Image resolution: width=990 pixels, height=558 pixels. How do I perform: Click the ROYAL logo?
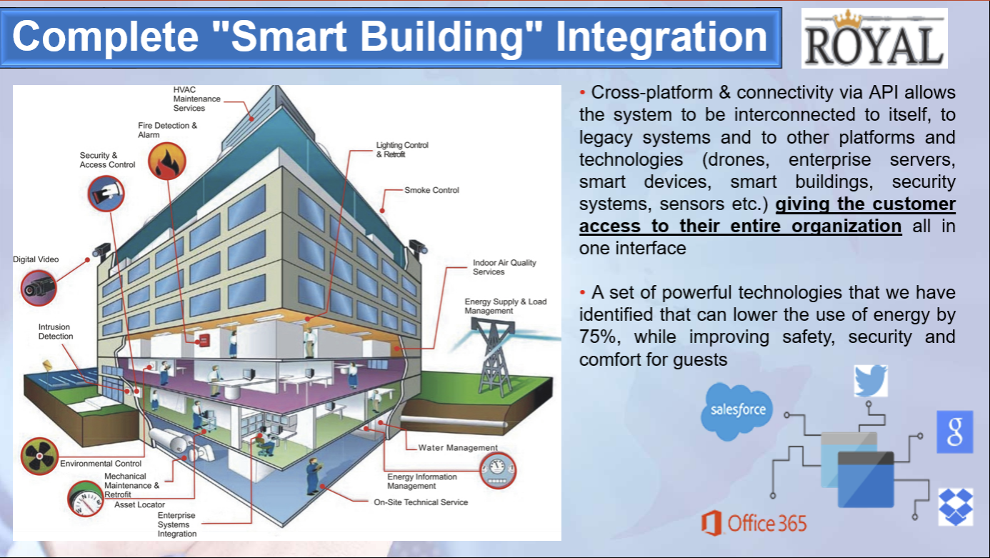pyautogui.click(x=874, y=39)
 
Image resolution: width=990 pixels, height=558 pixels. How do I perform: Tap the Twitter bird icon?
pyautogui.click(x=871, y=381)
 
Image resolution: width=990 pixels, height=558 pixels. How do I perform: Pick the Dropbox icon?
pyautogui.click(x=956, y=507)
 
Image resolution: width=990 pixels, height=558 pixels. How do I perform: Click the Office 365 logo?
pyautogui.click(x=754, y=524)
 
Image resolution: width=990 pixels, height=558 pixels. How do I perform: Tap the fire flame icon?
pyautogui.click(x=166, y=161)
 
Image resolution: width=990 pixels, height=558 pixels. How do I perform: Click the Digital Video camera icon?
pyautogui.click(x=39, y=289)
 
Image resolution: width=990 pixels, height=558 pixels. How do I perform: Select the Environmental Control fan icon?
pyautogui.click(x=39, y=457)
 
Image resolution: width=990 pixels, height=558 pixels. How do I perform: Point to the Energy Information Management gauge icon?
pyautogui.click(x=498, y=470)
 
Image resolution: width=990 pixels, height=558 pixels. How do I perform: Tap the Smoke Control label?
pyautogui.click(x=432, y=190)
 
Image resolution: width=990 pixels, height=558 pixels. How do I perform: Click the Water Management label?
pyautogui.click(x=458, y=447)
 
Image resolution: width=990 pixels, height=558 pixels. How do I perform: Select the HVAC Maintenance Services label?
pyautogui.click(x=196, y=99)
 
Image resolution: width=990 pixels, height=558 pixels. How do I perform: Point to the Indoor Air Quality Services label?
pyautogui.click(x=504, y=267)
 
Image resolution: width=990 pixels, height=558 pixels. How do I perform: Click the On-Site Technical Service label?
pyautogui.click(x=421, y=502)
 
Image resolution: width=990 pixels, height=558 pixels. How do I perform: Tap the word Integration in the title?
pyautogui.click(x=661, y=36)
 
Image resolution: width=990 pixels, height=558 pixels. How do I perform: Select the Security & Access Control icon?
pyautogui.click(x=106, y=194)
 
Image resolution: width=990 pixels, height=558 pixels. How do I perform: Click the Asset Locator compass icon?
pyautogui.click(x=85, y=499)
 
